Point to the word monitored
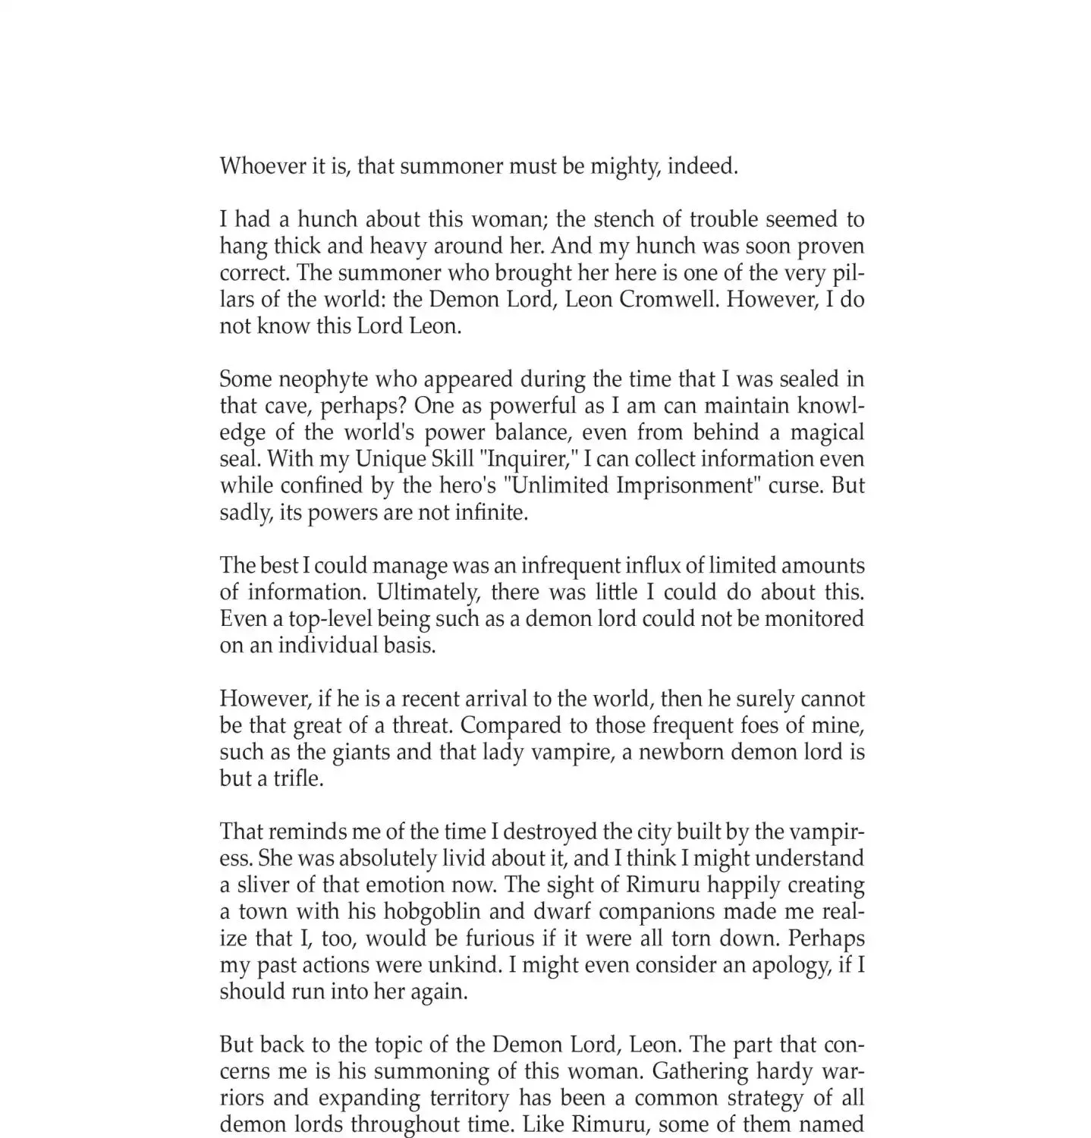(x=814, y=619)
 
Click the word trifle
(x=293, y=779)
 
